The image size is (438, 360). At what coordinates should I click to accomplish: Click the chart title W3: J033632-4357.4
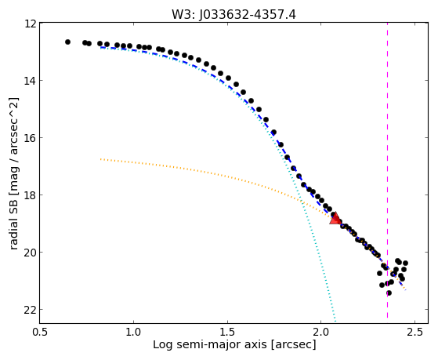[233, 14]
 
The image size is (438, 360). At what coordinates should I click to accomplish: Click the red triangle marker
[335, 219]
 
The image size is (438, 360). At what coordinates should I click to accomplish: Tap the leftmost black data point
[67, 42]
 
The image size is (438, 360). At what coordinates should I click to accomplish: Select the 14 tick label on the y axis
[31, 81]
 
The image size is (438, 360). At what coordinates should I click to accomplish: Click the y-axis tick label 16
[31, 138]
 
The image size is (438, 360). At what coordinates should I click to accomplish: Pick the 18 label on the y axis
[31, 195]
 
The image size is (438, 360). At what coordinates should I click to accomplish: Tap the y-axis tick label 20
[31, 253]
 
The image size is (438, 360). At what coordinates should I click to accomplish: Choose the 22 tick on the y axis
[31, 310]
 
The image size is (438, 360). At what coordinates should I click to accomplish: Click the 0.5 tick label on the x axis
[40, 332]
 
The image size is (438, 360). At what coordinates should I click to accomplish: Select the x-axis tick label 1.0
[133, 332]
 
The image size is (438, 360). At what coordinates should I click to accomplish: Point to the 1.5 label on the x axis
[227, 332]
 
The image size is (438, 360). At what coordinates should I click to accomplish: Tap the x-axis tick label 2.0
[321, 332]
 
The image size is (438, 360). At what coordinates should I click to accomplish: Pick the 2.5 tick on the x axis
[415, 332]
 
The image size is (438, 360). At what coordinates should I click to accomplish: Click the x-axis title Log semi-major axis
[210, 345]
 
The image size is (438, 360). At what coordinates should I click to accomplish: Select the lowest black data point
[389, 293]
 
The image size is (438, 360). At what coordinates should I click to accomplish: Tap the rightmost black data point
[405, 263]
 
